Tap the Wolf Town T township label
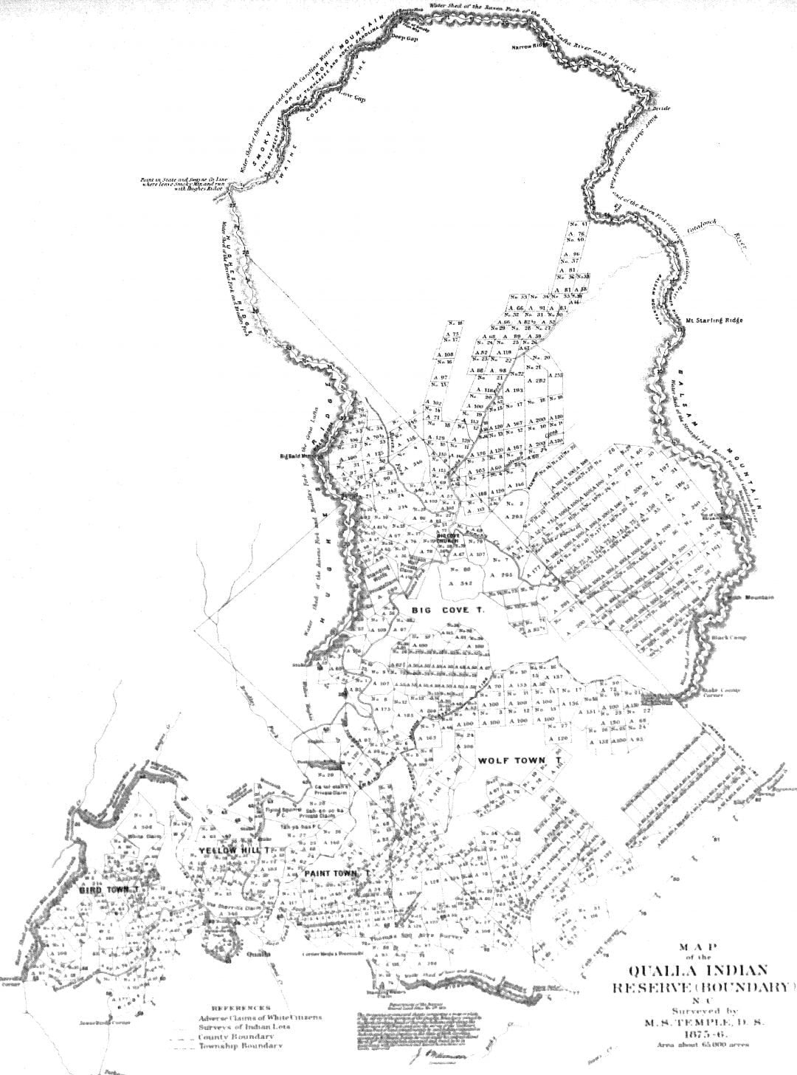[x=520, y=760]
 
